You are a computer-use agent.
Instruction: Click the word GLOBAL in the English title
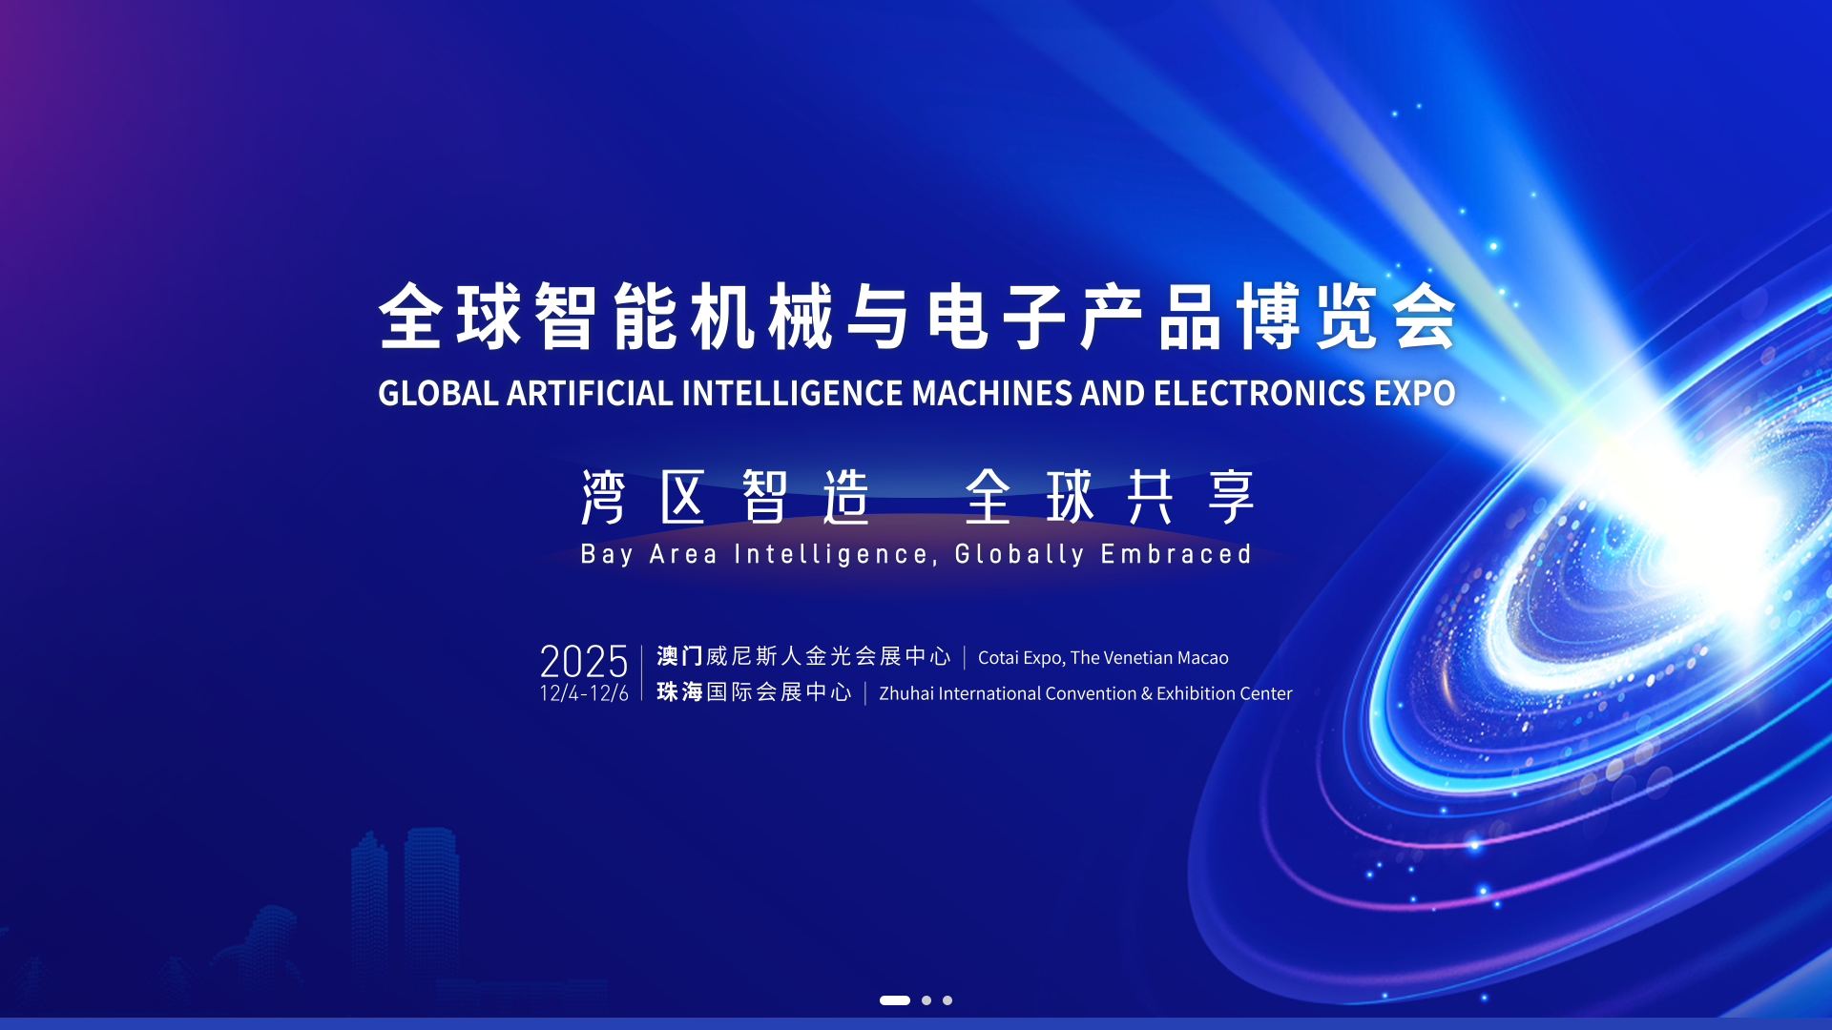[438, 393]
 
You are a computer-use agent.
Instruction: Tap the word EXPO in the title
[1415, 393]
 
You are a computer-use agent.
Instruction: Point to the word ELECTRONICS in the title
[1259, 393]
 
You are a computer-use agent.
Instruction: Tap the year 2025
[584, 661]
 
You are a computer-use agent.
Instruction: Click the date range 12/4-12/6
[584, 693]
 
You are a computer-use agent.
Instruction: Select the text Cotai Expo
[1020, 658]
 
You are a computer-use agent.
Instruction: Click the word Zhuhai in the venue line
[906, 693]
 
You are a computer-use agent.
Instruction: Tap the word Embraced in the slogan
[1176, 554]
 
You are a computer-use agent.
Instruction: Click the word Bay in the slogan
[607, 555]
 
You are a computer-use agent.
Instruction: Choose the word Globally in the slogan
[1019, 555]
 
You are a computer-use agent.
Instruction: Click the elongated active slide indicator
[895, 1000]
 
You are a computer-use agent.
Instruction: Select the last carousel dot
[947, 1000]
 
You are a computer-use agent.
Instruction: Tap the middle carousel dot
[926, 1000]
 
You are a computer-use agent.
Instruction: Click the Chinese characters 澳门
[679, 656]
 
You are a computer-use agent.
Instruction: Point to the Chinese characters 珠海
[679, 691]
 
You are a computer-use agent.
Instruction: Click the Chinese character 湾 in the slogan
[603, 497]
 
